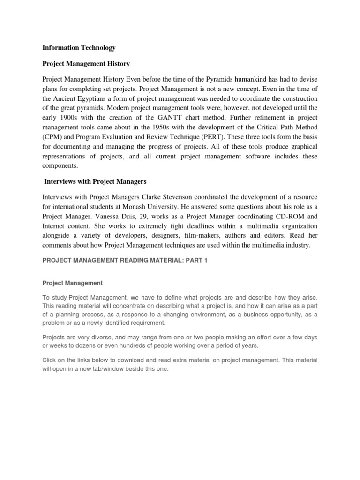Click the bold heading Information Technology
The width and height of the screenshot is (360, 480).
pos(79,48)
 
